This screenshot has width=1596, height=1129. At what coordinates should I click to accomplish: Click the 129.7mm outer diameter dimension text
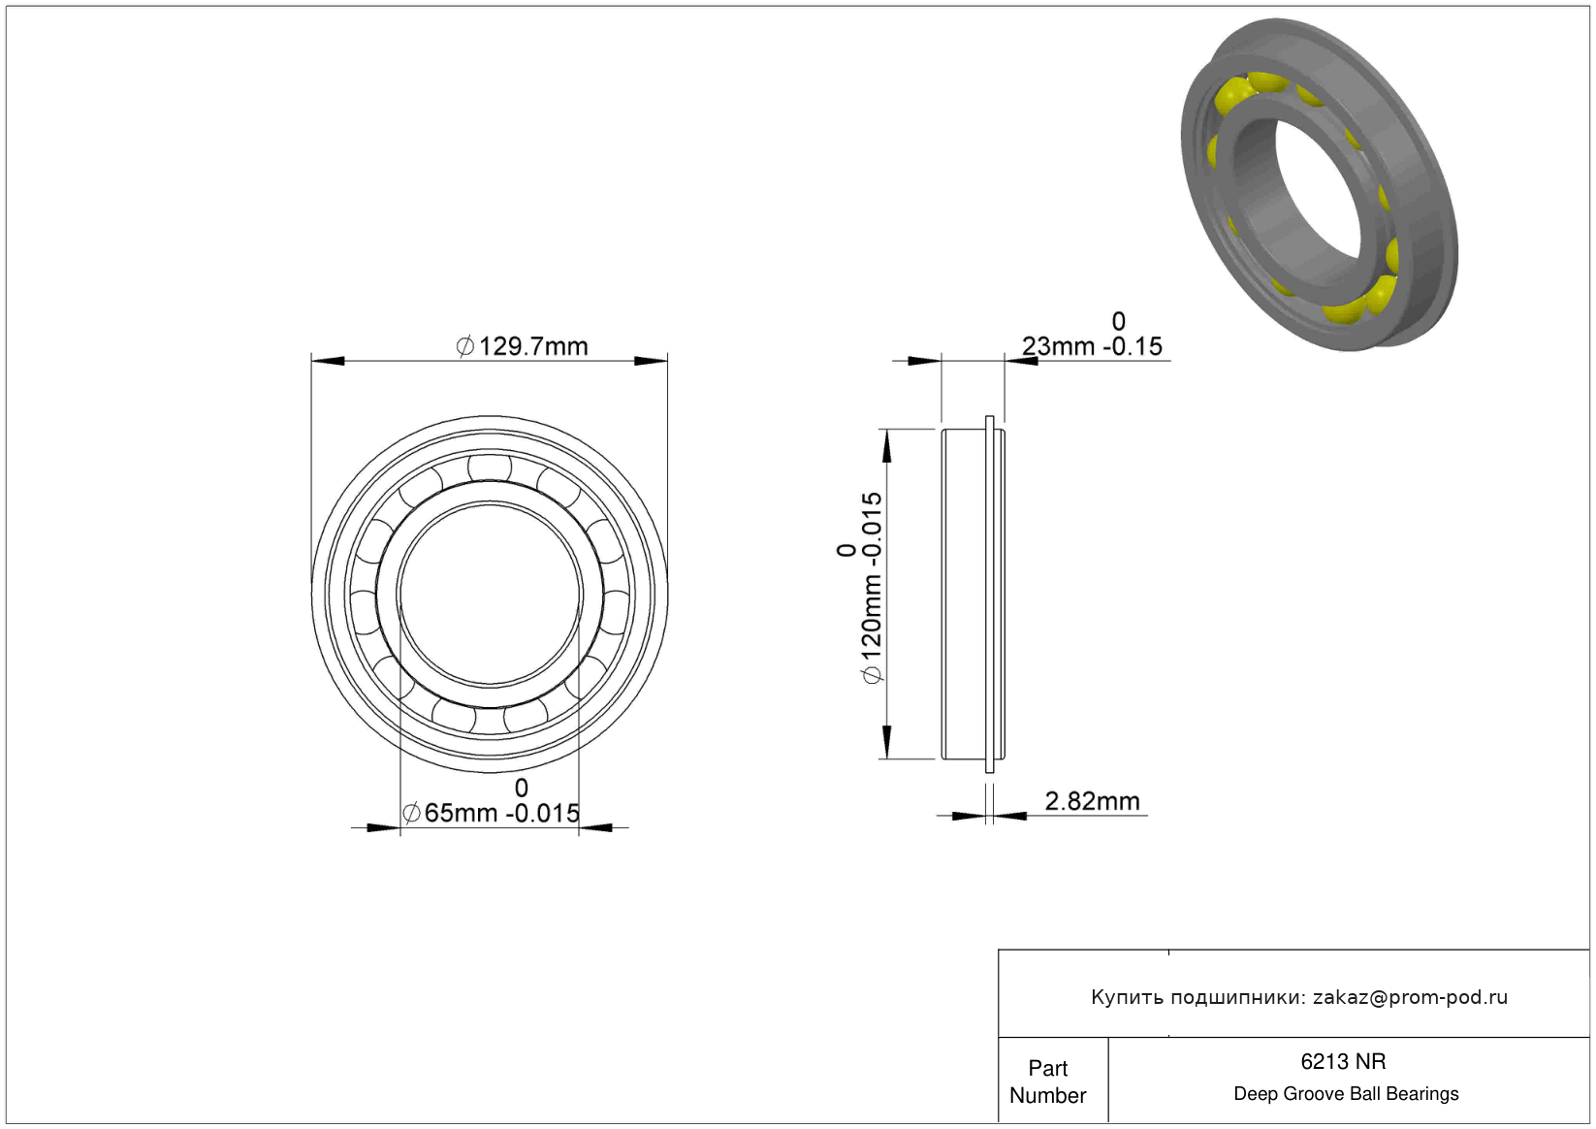click(x=522, y=346)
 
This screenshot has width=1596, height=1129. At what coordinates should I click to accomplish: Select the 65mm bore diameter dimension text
click(x=491, y=813)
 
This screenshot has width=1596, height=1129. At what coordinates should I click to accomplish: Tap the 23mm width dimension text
click(x=1092, y=346)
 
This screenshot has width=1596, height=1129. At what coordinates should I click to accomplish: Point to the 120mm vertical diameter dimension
click(x=872, y=588)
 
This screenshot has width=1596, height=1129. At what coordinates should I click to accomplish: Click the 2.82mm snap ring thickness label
click(x=1092, y=801)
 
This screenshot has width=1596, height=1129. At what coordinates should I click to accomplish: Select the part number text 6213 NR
click(x=1343, y=1062)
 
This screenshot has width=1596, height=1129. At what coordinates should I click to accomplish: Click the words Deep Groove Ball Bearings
click(x=1346, y=1094)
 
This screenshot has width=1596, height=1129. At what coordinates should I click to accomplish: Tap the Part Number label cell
click(x=1047, y=1081)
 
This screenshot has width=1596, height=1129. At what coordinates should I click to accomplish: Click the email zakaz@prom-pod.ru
click(x=1410, y=997)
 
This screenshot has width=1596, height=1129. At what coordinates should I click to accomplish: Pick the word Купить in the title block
click(x=1127, y=998)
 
